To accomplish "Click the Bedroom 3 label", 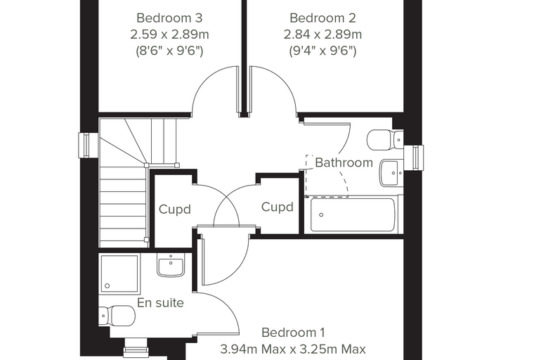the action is (169, 18).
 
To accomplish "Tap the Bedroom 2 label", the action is (323, 18).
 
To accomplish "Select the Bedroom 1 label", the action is (293, 333).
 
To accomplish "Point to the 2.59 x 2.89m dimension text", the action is (169, 34).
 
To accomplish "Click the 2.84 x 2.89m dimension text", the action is (323, 34).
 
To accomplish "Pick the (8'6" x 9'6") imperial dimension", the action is (169, 51).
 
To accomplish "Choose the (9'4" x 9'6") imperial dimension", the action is (323, 51).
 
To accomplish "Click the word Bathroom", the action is (344, 162).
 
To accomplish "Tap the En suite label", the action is (160, 303).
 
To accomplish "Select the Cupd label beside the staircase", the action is (175, 210).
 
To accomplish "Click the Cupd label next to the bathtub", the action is (278, 207).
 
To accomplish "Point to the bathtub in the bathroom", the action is (353, 214).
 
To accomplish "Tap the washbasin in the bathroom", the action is (391, 173).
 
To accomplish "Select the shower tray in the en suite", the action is (119, 274).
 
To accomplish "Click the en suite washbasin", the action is (171, 265).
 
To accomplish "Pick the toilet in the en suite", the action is (117, 316).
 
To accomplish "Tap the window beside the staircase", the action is (84, 146).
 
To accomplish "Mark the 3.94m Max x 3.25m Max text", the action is (293, 349).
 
